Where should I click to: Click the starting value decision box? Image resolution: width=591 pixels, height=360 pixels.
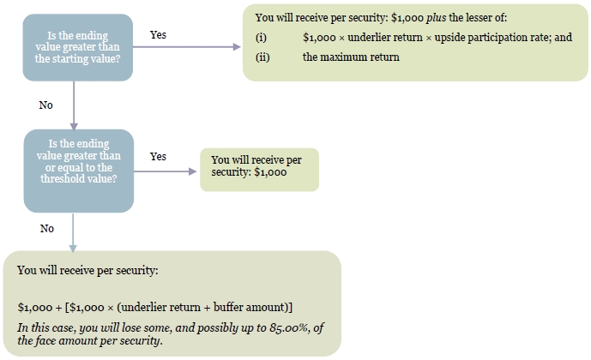78,47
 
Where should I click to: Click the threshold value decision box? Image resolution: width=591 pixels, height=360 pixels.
79,171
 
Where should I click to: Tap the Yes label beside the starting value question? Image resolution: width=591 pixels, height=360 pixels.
158,34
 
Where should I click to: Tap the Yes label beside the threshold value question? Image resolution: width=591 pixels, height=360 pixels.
158,156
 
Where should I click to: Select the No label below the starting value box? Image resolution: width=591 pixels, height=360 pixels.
46,105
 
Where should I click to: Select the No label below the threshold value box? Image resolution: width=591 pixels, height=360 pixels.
47,229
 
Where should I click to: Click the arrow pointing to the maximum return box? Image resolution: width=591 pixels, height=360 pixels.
187,46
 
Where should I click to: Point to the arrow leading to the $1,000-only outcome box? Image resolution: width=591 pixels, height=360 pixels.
165,171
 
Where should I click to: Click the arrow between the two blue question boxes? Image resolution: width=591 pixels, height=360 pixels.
74,105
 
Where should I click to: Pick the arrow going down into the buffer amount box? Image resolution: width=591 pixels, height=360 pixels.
73,232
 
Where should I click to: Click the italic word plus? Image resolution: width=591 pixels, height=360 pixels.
436,18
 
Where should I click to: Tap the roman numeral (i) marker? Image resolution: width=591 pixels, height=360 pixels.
261,38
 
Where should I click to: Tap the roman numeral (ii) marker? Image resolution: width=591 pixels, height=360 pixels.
262,57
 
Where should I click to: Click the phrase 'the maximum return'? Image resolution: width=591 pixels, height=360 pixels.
351,57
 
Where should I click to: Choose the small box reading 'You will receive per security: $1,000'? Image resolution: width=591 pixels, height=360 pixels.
259,170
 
